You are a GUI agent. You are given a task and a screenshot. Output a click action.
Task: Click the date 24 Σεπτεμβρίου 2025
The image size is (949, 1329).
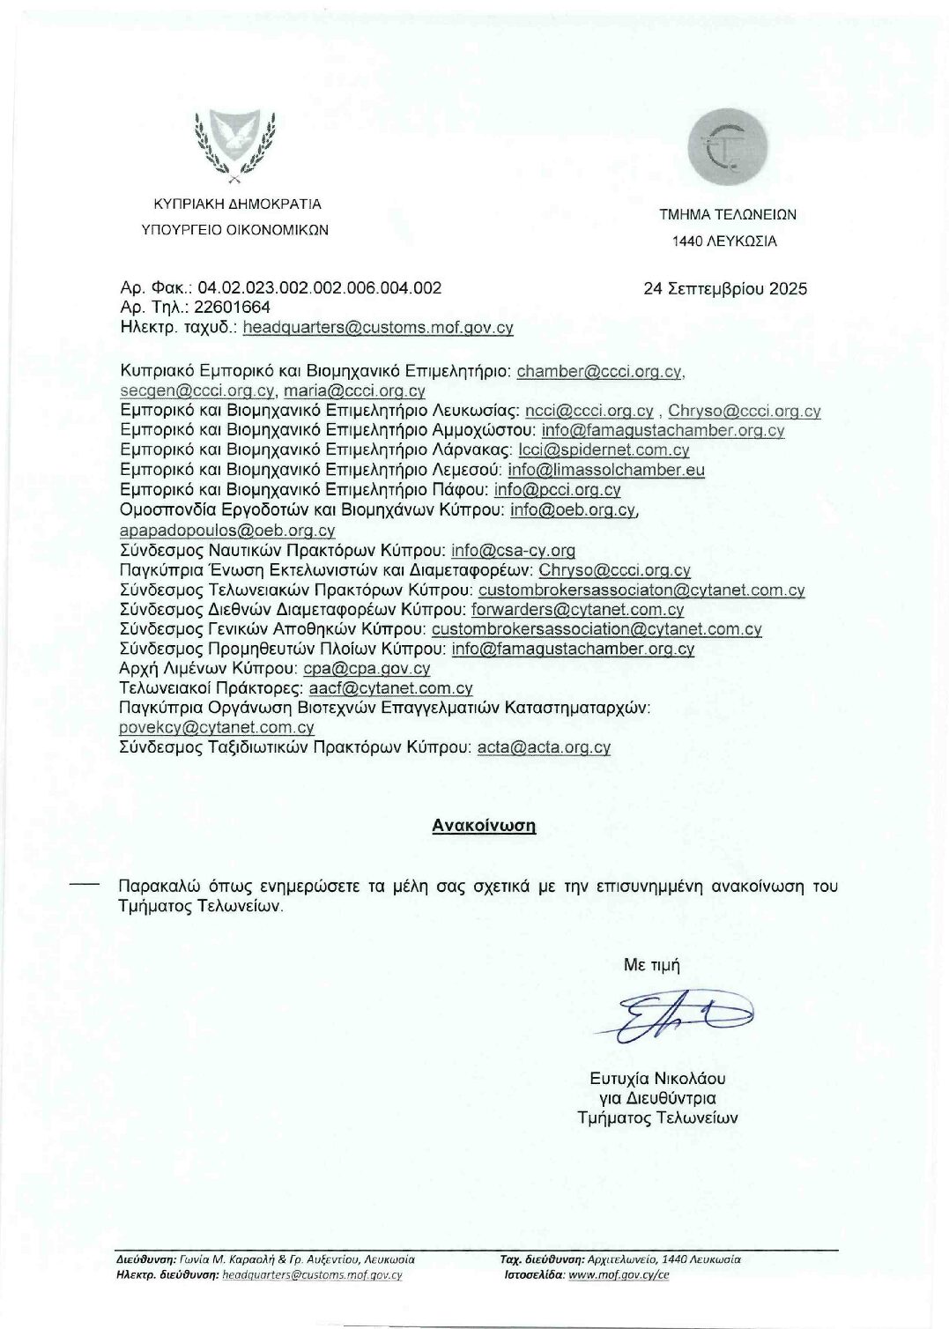coord(725,289)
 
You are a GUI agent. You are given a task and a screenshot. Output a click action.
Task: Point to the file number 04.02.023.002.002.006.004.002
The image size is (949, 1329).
coord(320,288)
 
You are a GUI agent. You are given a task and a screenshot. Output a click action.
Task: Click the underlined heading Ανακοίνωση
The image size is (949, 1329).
coord(484,826)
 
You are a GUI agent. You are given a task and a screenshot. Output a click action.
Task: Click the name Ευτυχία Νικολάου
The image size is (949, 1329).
coord(657,1079)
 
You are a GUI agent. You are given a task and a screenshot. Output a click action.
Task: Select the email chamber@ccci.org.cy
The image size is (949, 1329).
coord(598,372)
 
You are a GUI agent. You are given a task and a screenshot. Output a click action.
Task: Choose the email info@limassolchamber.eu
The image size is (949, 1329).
coord(606,470)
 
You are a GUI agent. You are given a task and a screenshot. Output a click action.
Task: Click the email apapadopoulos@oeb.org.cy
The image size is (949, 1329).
coord(227,531)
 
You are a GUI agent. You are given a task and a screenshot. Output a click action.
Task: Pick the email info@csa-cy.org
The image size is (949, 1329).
coord(513,551)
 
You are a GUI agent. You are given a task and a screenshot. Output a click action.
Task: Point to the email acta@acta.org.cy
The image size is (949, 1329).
coord(544,747)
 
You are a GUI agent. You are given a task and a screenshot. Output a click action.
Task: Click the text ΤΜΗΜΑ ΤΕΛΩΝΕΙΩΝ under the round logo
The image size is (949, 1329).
coord(728,214)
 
